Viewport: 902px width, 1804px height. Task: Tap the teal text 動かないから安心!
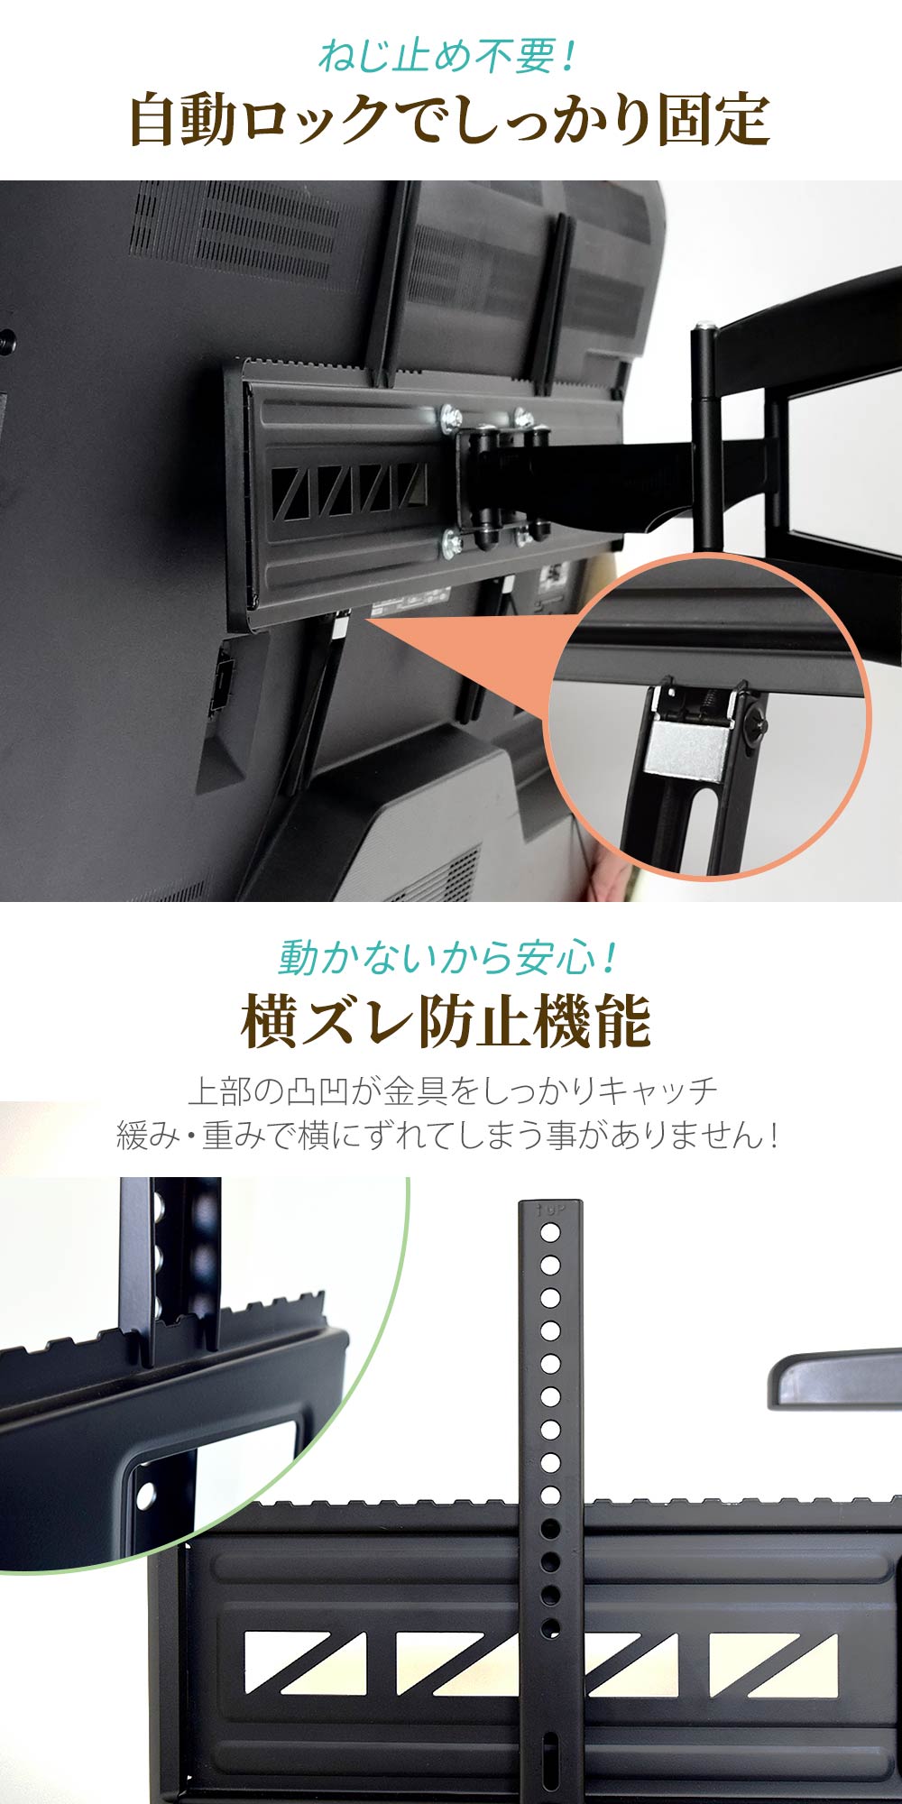[447, 957]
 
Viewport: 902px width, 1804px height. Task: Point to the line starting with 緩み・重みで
[447, 1135]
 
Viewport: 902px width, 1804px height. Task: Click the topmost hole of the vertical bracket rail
[549, 1233]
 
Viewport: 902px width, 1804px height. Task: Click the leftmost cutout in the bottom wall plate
[305, 1662]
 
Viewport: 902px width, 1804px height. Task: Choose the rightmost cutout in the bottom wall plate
[773, 1664]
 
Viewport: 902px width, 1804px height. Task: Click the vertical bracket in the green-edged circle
[171, 1263]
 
